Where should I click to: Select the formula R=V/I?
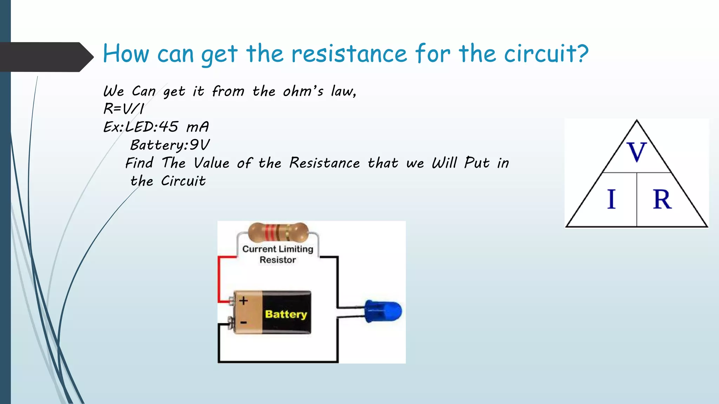pos(124,109)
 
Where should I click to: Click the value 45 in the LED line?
pos(169,127)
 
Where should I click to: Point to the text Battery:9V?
pos(170,145)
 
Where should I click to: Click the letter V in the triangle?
pos(636,152)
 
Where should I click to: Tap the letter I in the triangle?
pos(611,199)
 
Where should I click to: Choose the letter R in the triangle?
pos(662,199)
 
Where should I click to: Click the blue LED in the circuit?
pos(383,311)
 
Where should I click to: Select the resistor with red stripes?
pos(278,232)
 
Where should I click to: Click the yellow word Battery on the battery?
pos(286,314)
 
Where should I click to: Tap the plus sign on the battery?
pos(243,301)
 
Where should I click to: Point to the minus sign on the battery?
pos(243,322)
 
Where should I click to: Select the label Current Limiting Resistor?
pos(278,254)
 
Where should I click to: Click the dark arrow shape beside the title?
pos(46,57)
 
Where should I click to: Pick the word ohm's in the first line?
pos(303,91)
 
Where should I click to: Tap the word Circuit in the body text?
pos(183,181)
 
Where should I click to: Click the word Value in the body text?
pos(211,163)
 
